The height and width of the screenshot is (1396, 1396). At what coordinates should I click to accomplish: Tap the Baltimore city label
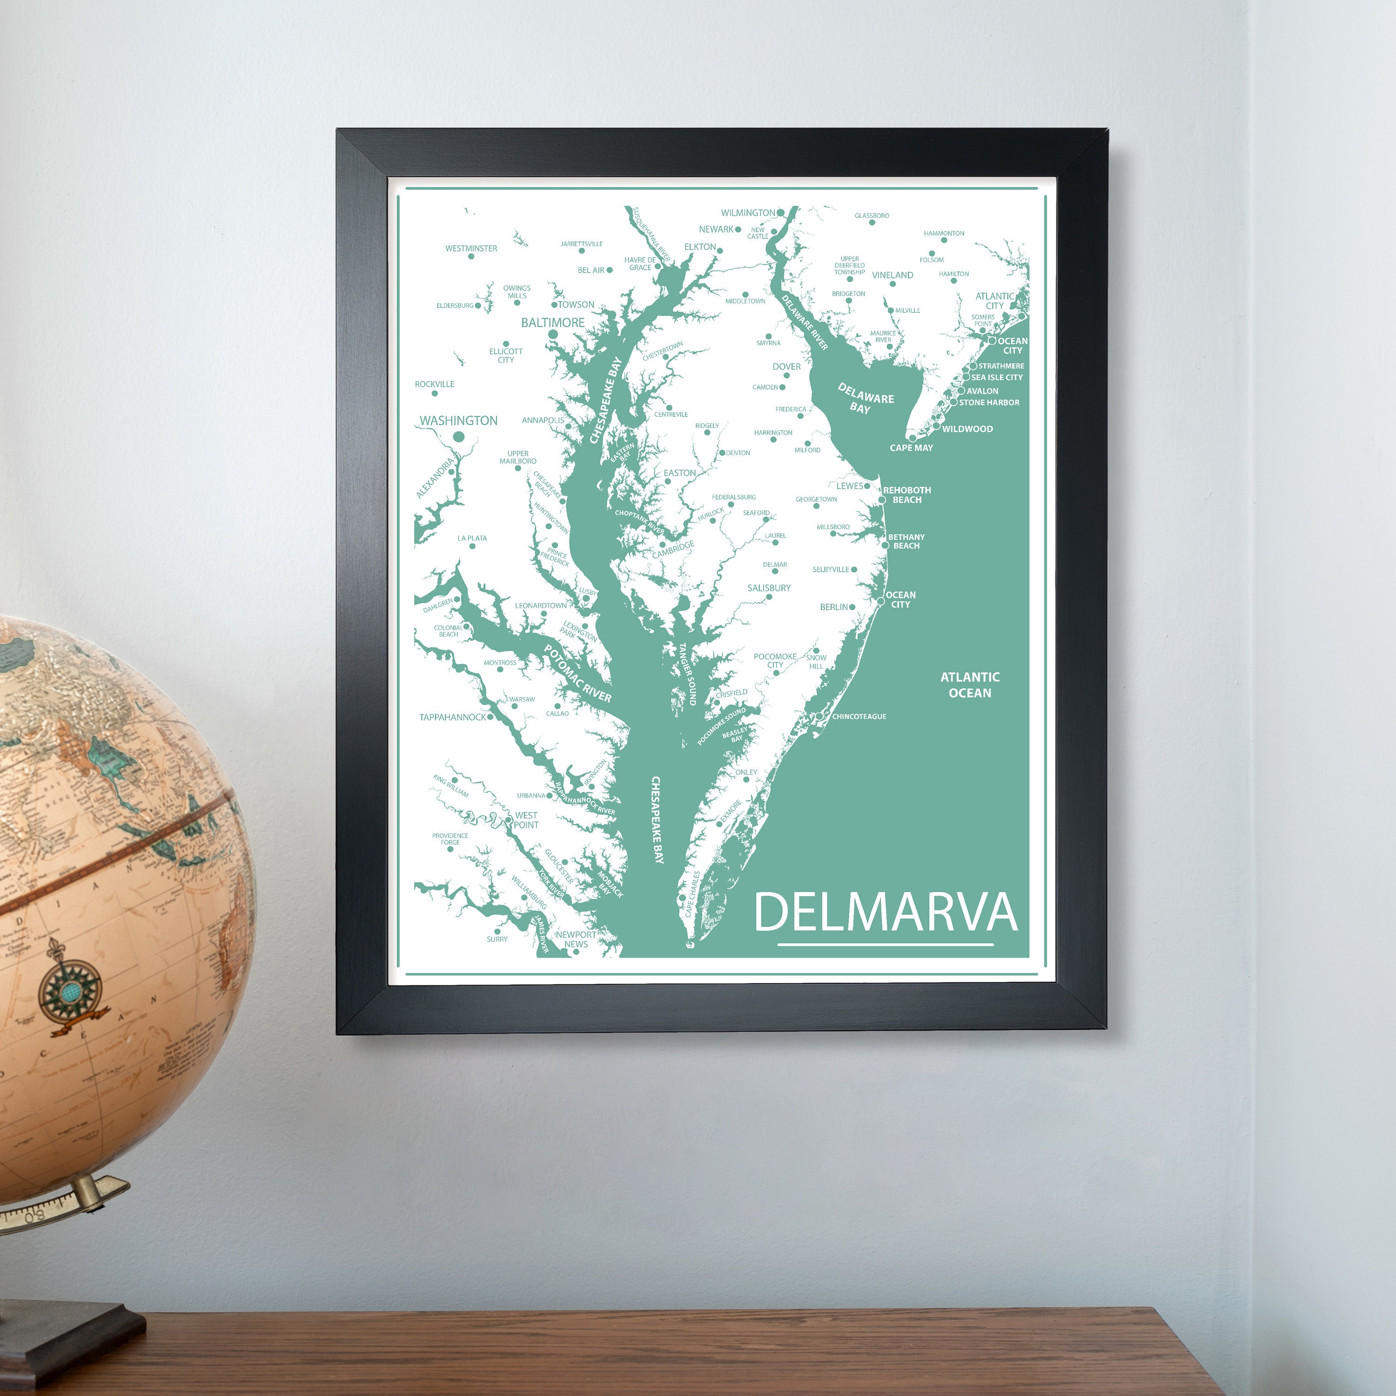(553, 322)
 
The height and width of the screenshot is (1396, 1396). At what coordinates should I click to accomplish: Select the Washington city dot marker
(457, 436)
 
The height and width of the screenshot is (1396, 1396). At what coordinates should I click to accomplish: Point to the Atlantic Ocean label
(970, 684)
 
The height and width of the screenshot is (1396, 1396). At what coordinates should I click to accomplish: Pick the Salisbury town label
(769, 587)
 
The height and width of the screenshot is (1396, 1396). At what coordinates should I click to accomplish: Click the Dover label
(786, 366)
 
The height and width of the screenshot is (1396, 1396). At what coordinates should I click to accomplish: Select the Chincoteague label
(859, 716)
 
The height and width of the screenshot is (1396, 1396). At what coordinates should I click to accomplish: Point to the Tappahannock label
(452, 717)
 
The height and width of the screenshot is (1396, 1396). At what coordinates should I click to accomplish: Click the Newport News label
(576, 939)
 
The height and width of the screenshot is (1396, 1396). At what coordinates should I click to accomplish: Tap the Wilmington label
(748, 213)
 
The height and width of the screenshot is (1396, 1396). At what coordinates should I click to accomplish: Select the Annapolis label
(543, 420)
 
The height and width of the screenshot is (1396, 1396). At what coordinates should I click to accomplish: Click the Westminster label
(471, 248)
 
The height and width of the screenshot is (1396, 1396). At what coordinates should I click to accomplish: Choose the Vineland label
(893, 275)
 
